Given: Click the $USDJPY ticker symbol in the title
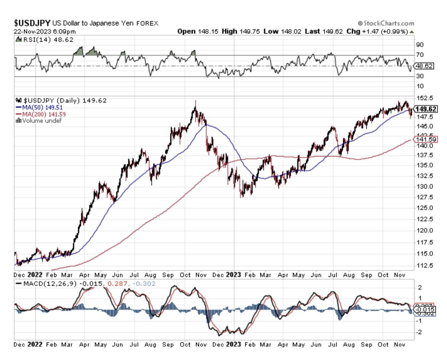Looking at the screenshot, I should click(32, 23).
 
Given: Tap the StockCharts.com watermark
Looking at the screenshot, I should click(386, 23).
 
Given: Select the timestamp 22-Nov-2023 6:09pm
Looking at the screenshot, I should click(45, 31).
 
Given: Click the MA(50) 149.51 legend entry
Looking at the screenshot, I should click(39, 107).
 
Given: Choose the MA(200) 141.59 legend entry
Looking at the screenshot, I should click(41, 114).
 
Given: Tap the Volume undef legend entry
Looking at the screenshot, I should click(39, 120).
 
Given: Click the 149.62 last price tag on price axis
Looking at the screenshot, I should click(426, 109).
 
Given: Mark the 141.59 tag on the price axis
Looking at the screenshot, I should click(426, 139).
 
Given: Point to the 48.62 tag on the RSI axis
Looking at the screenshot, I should click(425, 66).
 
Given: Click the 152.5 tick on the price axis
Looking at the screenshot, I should click(425, 98).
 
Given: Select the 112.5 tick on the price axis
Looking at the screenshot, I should click(425, 266).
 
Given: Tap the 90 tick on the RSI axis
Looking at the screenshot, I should click(420, 45).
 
